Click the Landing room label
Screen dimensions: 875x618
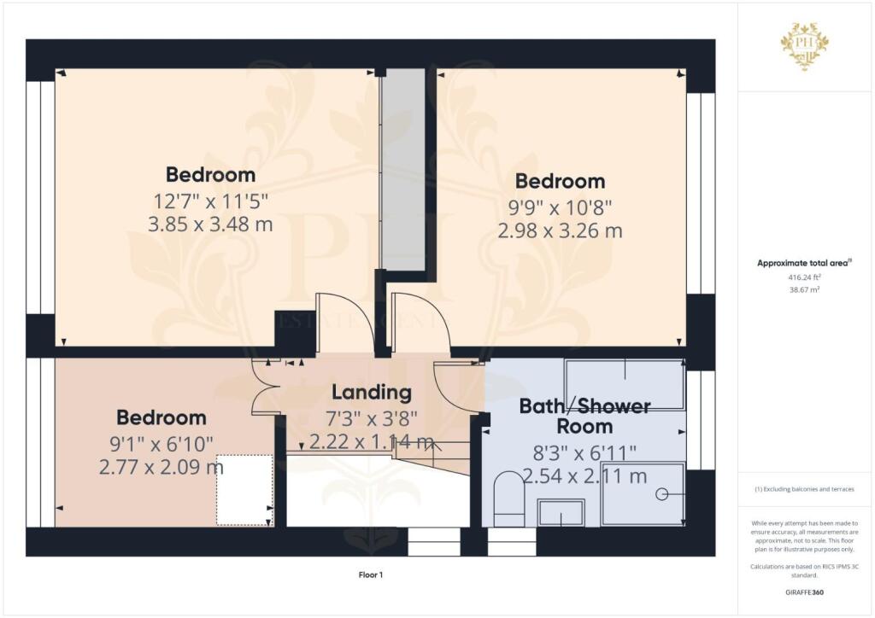click(x=372, y=393)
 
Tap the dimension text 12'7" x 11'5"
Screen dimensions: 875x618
click(x=211, y=201)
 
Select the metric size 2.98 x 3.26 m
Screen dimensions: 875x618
click(x=560, y=230)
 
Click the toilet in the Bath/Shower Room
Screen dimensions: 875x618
click(x=509, y=499)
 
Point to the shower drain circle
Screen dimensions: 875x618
click(x=662, y=494)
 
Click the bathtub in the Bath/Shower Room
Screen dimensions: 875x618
click(x=625, y=384)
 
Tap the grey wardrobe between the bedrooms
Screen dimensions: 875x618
click(x=403, y=169)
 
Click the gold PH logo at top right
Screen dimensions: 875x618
click(x=805, y=45)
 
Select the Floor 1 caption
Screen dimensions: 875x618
click(x=371, y=575)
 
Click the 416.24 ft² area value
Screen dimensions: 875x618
click(x=804, y=277)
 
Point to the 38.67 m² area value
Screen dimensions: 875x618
click(x=804, y=289)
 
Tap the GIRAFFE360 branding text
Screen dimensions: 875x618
click(x=804, y=592)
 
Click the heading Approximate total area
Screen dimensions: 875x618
click(x=804, y=263)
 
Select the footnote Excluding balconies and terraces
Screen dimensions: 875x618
click(x=804, y=489)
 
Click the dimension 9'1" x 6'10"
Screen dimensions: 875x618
click(x=161, y=444)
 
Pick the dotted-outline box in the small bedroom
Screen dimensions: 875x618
click(x=244, y=490)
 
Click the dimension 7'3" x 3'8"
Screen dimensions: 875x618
click(x=372, y=418)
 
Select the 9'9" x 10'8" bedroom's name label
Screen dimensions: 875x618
click(x=560, y=181)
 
